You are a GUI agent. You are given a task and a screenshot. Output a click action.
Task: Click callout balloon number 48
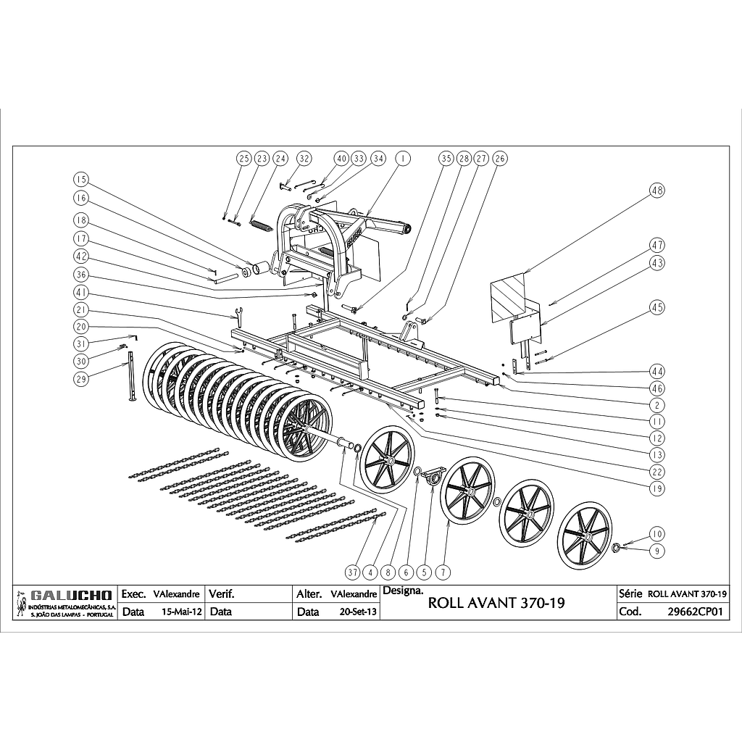[x=657, y=191]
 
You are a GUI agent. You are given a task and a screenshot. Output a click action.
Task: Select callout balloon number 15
[x=81, y=179]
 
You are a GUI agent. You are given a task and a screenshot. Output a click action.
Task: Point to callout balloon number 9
[x=657, y=551]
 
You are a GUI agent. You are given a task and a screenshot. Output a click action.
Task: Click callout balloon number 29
[x=81, y=378]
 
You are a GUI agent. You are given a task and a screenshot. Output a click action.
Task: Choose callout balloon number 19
[x=657, y=489]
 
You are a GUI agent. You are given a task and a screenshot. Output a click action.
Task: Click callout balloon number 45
[x=657, y=307]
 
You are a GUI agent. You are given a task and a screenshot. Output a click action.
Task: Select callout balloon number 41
[x=81, y=293]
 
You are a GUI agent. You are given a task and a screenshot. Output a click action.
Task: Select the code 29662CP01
[x=696, y=612]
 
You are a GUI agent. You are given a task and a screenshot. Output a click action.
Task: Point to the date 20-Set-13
[x=358, y=612]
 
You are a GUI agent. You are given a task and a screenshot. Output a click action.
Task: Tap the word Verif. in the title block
[x=222, y=594]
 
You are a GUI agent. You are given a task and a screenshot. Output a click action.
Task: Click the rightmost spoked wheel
[x=585, y=534]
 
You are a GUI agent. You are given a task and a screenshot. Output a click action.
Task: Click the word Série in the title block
[x=627, y=593]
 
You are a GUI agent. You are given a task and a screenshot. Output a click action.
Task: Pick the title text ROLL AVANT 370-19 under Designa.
[x=496, y=603]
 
